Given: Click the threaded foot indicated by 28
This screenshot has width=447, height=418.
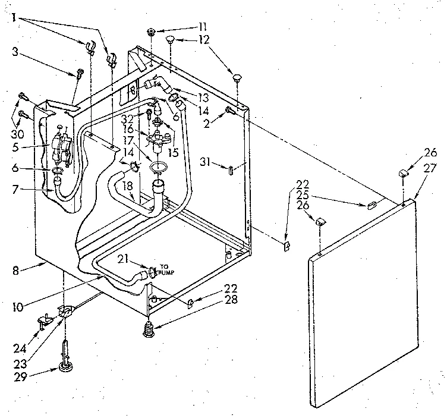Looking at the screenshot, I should (149, 329).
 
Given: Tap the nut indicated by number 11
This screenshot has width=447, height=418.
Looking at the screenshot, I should (152, 30).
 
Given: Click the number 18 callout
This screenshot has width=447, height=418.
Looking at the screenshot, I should (126, 186).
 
